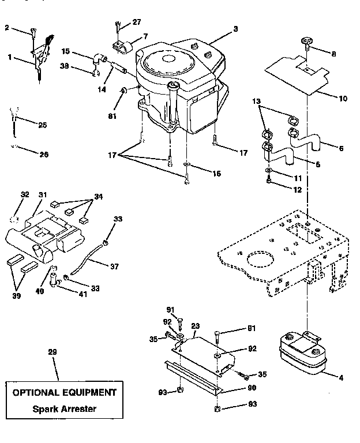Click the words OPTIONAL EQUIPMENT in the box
64,393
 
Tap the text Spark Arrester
64,410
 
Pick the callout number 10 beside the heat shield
342,98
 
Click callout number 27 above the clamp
136,23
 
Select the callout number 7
145,36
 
